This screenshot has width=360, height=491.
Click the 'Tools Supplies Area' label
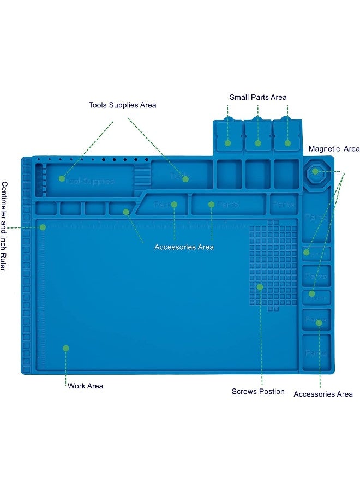pyautogui.click(x=122, y=105)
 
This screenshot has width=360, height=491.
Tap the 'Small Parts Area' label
pyautogui.click(x=257, y=97)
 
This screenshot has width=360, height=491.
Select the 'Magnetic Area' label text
pyautogui.click(x=334, y=149)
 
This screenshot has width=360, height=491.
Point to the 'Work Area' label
pyautogui.click(x=85, y=386)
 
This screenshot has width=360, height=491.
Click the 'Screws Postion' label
pyautogui.click(x=258, y=391)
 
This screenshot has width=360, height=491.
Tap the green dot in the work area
pyautogui.click(x=65, y=348)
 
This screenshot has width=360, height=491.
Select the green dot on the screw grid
pyautogui.click(x=260, y=286)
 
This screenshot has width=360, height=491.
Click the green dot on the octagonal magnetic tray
pyautogui.click(x=315, y=171)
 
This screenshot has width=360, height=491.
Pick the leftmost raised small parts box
pyautogui.click(x=229, y=135)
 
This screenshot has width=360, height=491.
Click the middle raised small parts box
pyautogui.click(x=258, y=135)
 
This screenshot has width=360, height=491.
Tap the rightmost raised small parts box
pyautogui.click(x=287, y=135)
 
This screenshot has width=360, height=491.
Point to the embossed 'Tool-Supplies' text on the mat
pyautogui.click(x=90, y=181)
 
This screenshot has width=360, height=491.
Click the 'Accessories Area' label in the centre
pyautogui.click(x=184, y=247)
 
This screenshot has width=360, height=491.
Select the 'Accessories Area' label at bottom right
pyautogui.click(x=323, y=394)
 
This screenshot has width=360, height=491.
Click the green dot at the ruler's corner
pyautogui.click(x=43, y=227)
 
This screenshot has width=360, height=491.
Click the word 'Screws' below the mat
pyautogui.click(x=244, y=391)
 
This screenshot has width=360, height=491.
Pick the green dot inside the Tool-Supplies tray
pyautogui.click(x=62, y=178)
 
